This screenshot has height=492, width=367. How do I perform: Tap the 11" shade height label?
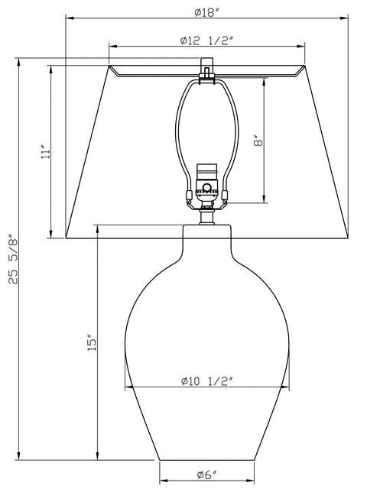point(47,151)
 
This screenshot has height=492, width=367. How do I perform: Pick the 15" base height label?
point(91,343)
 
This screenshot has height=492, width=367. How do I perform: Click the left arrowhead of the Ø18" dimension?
point(68,19)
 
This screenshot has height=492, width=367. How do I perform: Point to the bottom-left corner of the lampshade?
point(66,238)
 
